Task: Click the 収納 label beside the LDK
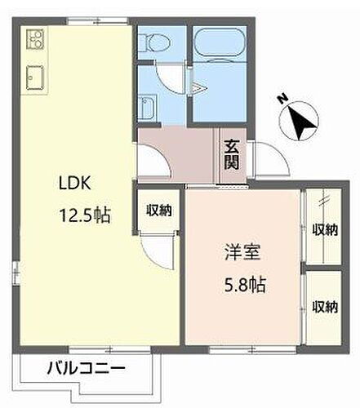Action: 159,211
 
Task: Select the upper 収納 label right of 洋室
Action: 324,230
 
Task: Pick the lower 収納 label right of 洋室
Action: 324,307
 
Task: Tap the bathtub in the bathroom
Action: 220,47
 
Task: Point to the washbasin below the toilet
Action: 147,107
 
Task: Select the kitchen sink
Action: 34,77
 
